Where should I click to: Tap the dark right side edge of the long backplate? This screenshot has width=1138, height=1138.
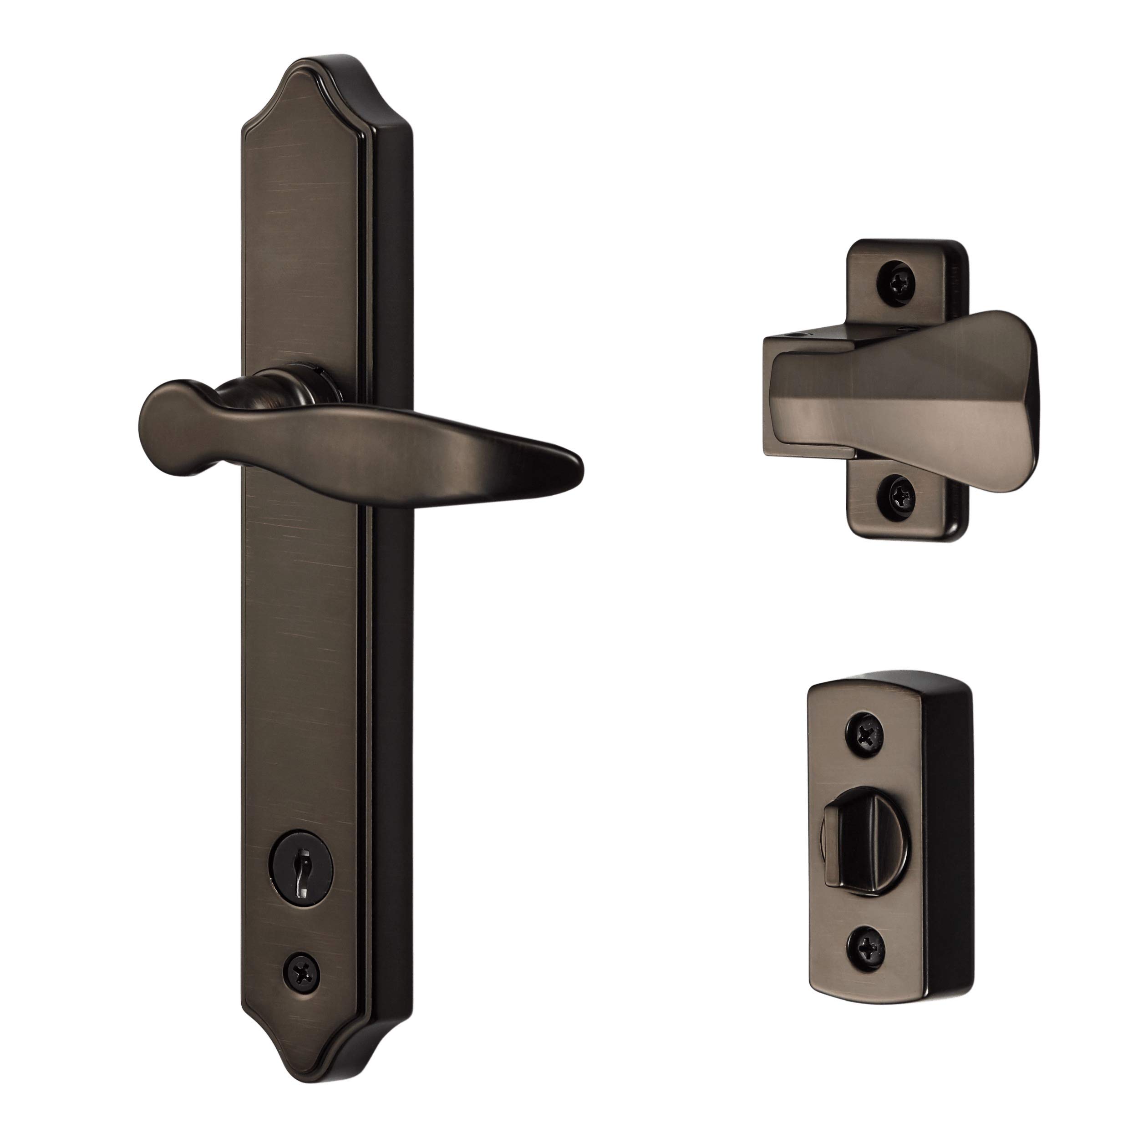392,648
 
